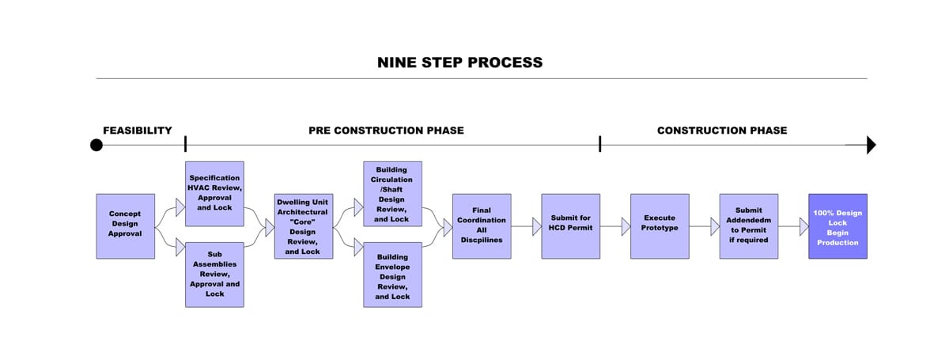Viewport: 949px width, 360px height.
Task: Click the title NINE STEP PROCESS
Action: point(459,63)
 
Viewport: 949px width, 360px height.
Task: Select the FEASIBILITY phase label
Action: point(138,131)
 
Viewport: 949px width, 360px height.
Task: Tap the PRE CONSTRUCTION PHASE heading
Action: point(386,131)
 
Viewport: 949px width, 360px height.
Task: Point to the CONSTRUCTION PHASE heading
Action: point(722,131)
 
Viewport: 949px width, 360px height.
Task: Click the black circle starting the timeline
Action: point(96,145)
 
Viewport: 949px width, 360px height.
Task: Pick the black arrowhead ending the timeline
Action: point(871,145)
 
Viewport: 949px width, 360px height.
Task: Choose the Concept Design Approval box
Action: point(125,225)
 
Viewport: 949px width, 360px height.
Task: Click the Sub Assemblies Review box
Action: point(214,275)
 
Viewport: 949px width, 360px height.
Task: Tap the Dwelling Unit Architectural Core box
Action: point(303,225)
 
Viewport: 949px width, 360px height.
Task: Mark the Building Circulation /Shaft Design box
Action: point(392,194)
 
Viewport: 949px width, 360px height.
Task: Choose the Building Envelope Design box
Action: point(392,275)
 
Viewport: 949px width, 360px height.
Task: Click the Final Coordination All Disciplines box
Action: point(482,225)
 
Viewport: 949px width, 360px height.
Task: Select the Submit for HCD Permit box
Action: point(570,225)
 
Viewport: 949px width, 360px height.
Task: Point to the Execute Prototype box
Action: point(660,225)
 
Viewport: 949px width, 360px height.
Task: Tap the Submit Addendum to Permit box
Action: point(748,225)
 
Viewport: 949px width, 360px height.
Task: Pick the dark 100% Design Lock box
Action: point(837,225)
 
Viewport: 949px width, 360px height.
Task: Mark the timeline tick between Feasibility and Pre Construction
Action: point(185,144)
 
